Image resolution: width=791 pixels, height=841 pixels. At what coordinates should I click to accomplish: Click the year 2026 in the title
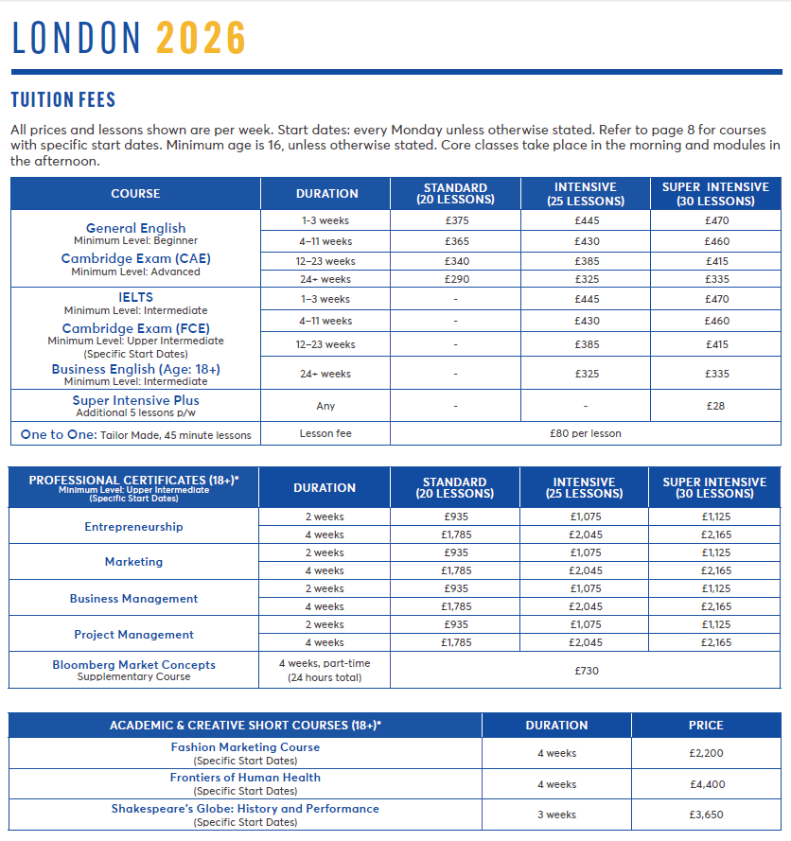coord(201,38)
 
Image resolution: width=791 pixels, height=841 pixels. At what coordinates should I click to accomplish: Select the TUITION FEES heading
coord(62,99)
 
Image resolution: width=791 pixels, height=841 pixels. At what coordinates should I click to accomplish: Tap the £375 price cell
coord(455,220)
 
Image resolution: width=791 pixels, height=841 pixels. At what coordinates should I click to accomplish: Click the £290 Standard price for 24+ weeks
coord(455,280)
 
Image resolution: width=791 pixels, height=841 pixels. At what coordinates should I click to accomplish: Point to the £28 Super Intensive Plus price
coord(715,406)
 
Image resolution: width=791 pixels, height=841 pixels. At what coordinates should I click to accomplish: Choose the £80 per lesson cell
coord(586,434)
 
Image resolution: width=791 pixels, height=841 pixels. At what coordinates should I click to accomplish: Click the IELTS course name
coord(135,297)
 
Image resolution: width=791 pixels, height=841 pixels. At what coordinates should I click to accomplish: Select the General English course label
coord(135,228)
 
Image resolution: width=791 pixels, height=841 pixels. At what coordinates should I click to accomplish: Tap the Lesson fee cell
coord(325,434)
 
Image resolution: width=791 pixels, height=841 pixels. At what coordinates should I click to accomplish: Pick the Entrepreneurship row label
coord(133,527)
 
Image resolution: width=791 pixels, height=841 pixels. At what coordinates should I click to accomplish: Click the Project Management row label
coord(133,635)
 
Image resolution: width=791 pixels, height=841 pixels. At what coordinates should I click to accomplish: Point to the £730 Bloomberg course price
coord(586,671)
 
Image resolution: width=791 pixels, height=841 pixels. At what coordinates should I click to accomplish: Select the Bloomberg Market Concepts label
coord(133,665)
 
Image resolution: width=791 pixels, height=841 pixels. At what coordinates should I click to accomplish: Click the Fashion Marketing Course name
coord(245,747)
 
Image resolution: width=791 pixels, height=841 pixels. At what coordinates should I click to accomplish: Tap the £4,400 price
coord(706,784)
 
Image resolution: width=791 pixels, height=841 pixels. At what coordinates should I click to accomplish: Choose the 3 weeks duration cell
coord(556,815)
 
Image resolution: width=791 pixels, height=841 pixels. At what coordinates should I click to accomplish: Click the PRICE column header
coord(706,726)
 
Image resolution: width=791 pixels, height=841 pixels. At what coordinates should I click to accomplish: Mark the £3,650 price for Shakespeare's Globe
coord(706,815)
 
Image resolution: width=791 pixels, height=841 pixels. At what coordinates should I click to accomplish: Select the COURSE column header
coord(135,194)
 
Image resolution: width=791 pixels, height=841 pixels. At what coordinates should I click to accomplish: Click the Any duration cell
coord(325,406)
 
